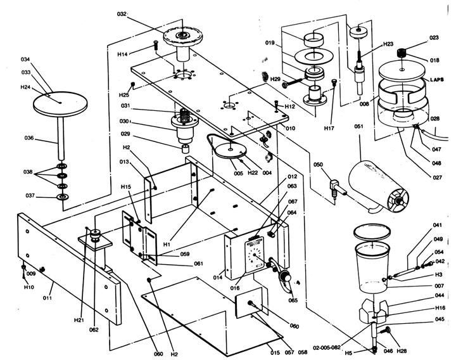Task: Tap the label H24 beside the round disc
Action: click(26, 87)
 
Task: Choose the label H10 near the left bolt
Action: click(28, 287)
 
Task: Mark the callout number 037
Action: click(29, 196)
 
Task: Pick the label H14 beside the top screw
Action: click(122, 55)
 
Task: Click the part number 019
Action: click(270, 44)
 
